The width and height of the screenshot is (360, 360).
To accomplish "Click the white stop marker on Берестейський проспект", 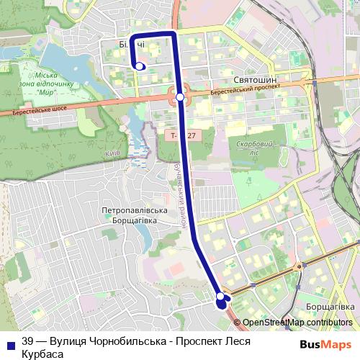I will [180, 97].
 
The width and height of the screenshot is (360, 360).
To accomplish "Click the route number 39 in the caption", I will [27, 343].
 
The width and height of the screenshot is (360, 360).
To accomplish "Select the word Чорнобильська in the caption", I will [115, 343].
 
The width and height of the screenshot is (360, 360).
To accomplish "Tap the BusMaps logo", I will [325, 345].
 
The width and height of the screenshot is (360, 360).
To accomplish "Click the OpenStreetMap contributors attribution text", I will [297, 323].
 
